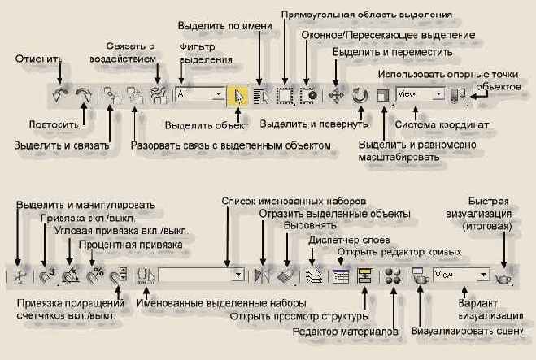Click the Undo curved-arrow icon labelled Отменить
pyautogui.click(x=59, y=95)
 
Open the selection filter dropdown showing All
pyautogui.click(x=199, y=94)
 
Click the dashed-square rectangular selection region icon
pyautogui.click(x=285, y=94)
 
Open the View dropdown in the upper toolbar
pyautogui.click(x=419, y=94)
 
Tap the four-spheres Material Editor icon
pyautogui.click(x=394, y=275)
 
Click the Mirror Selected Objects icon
pyautogui.click(x=261, y=275)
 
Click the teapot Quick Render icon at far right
pyautogui.click(x=504, y=275)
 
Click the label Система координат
pyautogui.click(x=441, y=126)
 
